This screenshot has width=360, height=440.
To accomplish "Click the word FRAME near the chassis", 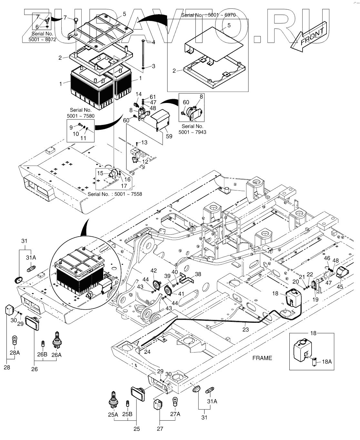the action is [x=262, y=358].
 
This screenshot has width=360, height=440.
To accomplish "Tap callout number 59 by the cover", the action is [x=169, y=136].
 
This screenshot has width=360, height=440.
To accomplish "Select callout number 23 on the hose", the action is [x=245, y=329].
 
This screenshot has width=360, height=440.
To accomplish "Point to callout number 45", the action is [x=340, y=287].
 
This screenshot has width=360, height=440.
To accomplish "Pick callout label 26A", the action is [x=56, y=355].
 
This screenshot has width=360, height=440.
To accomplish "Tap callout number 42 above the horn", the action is [x=154, y=271].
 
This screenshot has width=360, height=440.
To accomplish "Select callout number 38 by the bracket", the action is [x=198, y=274].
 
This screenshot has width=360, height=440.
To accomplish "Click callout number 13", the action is [x=144, y=142].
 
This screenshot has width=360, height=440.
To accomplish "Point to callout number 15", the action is [x=100, y=173].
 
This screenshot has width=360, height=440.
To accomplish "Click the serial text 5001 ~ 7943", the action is [x=192, y=132].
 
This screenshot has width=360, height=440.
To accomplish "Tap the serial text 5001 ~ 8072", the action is [x=42, y=39].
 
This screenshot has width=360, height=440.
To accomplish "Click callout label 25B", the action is [x=127, y=414].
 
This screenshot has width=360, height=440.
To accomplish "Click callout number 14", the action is [x=139, y=94].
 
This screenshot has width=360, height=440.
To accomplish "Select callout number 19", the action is [x=315, y=299].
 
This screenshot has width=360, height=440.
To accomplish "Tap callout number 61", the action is [x=153, y=97].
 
